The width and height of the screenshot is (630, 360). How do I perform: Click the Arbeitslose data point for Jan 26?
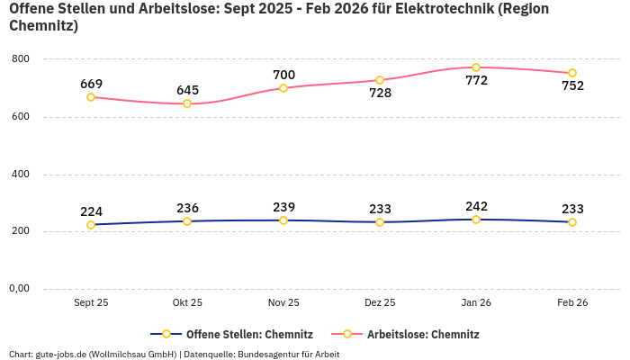(476, 67)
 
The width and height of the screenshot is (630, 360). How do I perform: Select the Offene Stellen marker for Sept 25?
(91, 225)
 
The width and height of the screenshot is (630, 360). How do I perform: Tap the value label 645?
(187, 90)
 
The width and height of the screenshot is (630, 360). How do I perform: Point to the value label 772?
(476, 80)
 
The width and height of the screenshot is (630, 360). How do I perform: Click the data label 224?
(91, 212)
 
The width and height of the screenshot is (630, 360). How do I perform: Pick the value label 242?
(476, 206)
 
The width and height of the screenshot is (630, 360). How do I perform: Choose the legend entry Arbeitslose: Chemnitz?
(423, 335)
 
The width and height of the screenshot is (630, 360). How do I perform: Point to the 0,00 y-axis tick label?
(18, 289)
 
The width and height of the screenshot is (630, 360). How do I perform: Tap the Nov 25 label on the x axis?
(283, 303)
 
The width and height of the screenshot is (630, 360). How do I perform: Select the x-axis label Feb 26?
(572, 303)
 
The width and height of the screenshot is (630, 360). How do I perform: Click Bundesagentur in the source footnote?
(268, 354)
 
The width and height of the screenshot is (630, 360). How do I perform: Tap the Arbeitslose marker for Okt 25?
(187, 103)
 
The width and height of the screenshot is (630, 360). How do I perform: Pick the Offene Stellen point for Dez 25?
(380, 221)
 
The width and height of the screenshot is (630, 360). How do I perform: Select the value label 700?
(283, 75)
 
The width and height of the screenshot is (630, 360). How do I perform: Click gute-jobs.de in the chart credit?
(60, 354)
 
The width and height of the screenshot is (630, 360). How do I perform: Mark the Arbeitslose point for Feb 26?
(572, 73)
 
